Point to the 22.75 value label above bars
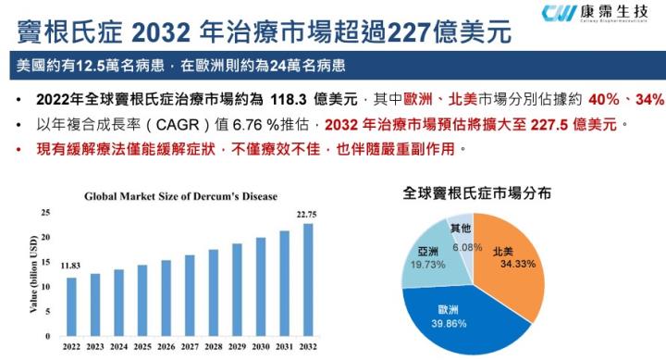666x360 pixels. click(x=304, y=215)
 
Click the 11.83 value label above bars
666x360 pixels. click(x=70, y=266)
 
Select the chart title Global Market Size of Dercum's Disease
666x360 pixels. click(x=181, y=196)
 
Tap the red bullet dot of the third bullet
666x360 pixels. click(x=19, y=148)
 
